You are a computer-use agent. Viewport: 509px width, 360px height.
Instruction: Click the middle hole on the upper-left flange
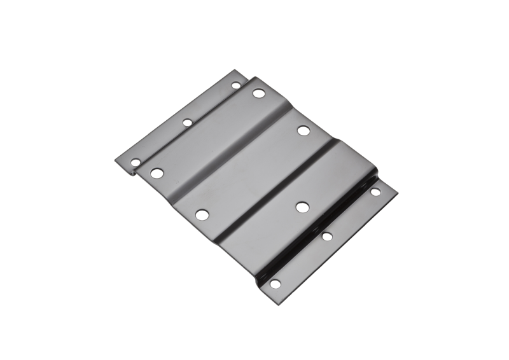tap(188, 122)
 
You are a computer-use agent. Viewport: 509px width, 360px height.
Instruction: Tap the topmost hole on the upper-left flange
tap(235, 85)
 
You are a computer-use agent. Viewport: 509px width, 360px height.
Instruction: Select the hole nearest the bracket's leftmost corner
tap(136, 163)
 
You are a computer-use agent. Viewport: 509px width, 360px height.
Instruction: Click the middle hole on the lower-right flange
tap(327, 237)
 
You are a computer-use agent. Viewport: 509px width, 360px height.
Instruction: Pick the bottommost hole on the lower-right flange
tap(275, 284)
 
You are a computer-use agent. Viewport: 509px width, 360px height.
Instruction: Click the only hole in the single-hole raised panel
tap(302, 207)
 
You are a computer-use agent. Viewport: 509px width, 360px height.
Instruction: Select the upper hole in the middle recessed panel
tap(303, 131)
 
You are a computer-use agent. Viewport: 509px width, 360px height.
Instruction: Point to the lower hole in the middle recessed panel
tap(202, 215)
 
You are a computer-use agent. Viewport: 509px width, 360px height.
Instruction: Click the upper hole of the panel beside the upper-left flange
tap(258, 93)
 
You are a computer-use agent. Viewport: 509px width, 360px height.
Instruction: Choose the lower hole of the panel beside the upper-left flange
tap(157, 172)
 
